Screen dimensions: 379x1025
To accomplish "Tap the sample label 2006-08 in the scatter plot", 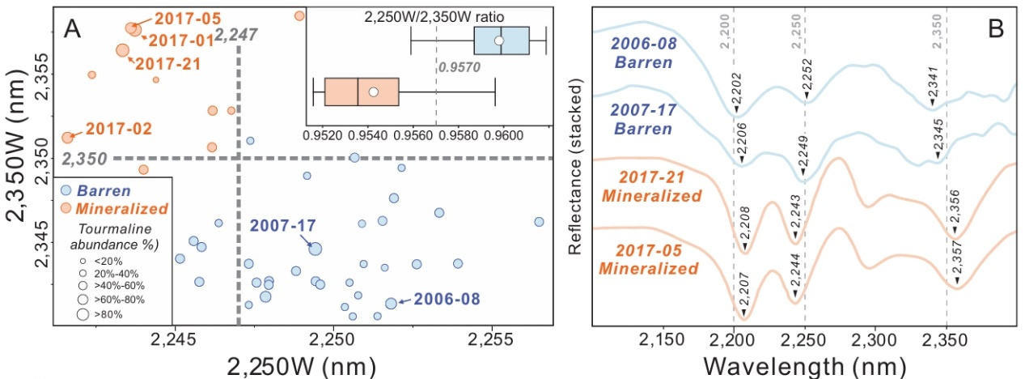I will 442,298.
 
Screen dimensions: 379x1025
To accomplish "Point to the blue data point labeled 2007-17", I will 315,249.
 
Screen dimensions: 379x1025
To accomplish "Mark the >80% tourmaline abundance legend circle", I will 83,313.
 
